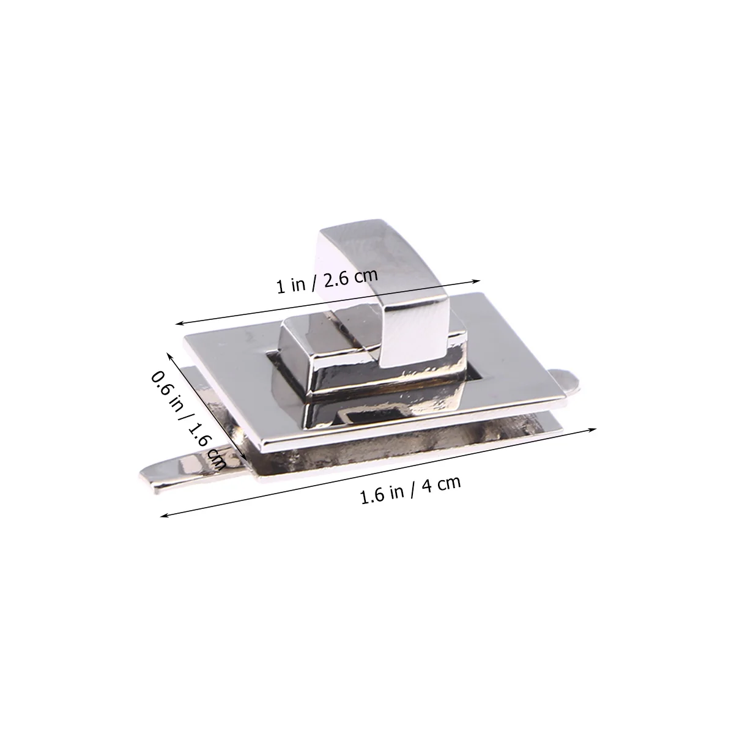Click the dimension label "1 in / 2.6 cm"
(x=327, y=281)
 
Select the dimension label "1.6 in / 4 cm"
(x=410, y=489)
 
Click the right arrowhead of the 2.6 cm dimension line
(x=476, y=282)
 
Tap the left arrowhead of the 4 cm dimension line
(x=165, y=516)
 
